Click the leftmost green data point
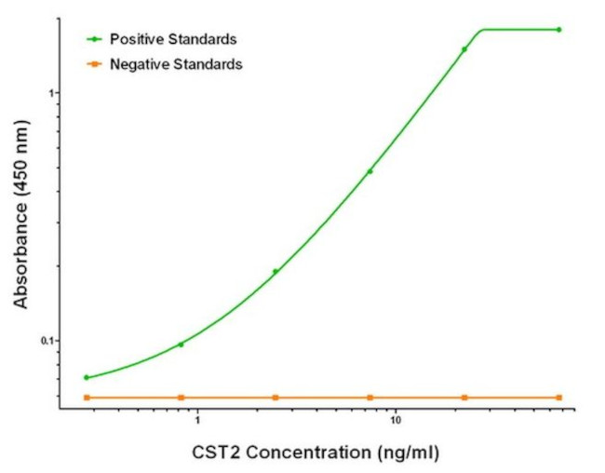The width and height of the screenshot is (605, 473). pyautogui.click(x=87, y=377)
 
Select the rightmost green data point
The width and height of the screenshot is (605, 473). pyautogui.click(x=559, y=30)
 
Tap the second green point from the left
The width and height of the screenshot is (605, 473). pyautogui.click(x=181, y=345)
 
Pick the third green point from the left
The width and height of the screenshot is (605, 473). pyautogui.click(x=276, y=272)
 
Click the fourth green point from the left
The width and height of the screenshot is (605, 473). pyautogui.click(x=370, y=171)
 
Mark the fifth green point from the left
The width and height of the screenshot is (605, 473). pyautogui.click(x=464, y=49)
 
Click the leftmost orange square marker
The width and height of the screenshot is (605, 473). pyautogui.click(x=87, y=398)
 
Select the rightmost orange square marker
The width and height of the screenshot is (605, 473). pyautogui.click(x=559, y=398)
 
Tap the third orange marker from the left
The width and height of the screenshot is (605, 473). pyautogui.click(x=276, y=398)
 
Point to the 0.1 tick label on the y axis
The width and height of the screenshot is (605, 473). pyautogui.click(x=50, y=341)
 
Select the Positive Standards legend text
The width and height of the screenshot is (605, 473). pyautogui.click(x=173, y=39)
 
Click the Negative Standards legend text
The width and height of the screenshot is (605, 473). pyautogui.click(x=176, y=64)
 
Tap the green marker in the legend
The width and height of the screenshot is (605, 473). pyautogui.click(x=95, y=39)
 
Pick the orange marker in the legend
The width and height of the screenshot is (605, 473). pyautogui.click(x=95, y=64)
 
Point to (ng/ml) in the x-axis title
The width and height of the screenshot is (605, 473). pyautogui.click(x=403, y=453)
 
